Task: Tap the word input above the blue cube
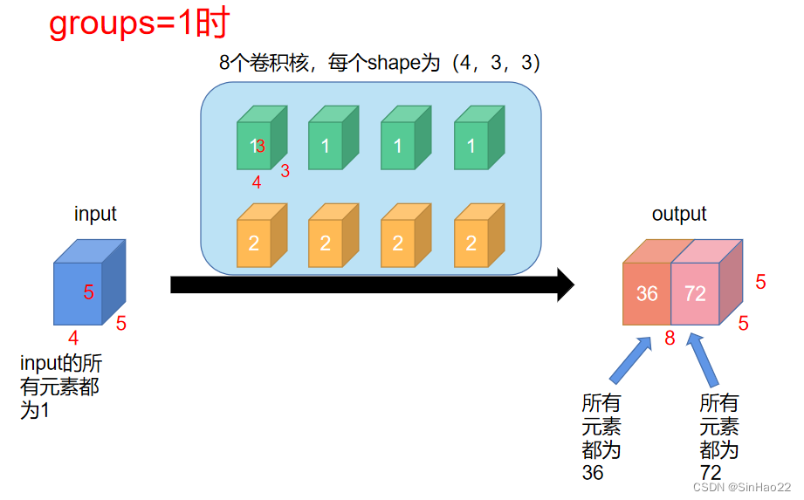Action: click(95, 214)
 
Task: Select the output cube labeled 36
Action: click(647, 292)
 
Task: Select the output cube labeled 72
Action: click(696, 292)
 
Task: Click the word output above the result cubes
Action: click(679, 214)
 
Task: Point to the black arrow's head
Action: click(565, 284)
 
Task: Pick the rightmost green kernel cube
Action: click(471, 144)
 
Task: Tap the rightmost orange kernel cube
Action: click(471, 242)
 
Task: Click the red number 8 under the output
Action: click(670, 339)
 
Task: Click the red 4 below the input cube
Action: click(73, 338)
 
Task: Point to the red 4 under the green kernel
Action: click(257, 182)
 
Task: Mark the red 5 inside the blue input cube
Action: click(88, 293)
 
